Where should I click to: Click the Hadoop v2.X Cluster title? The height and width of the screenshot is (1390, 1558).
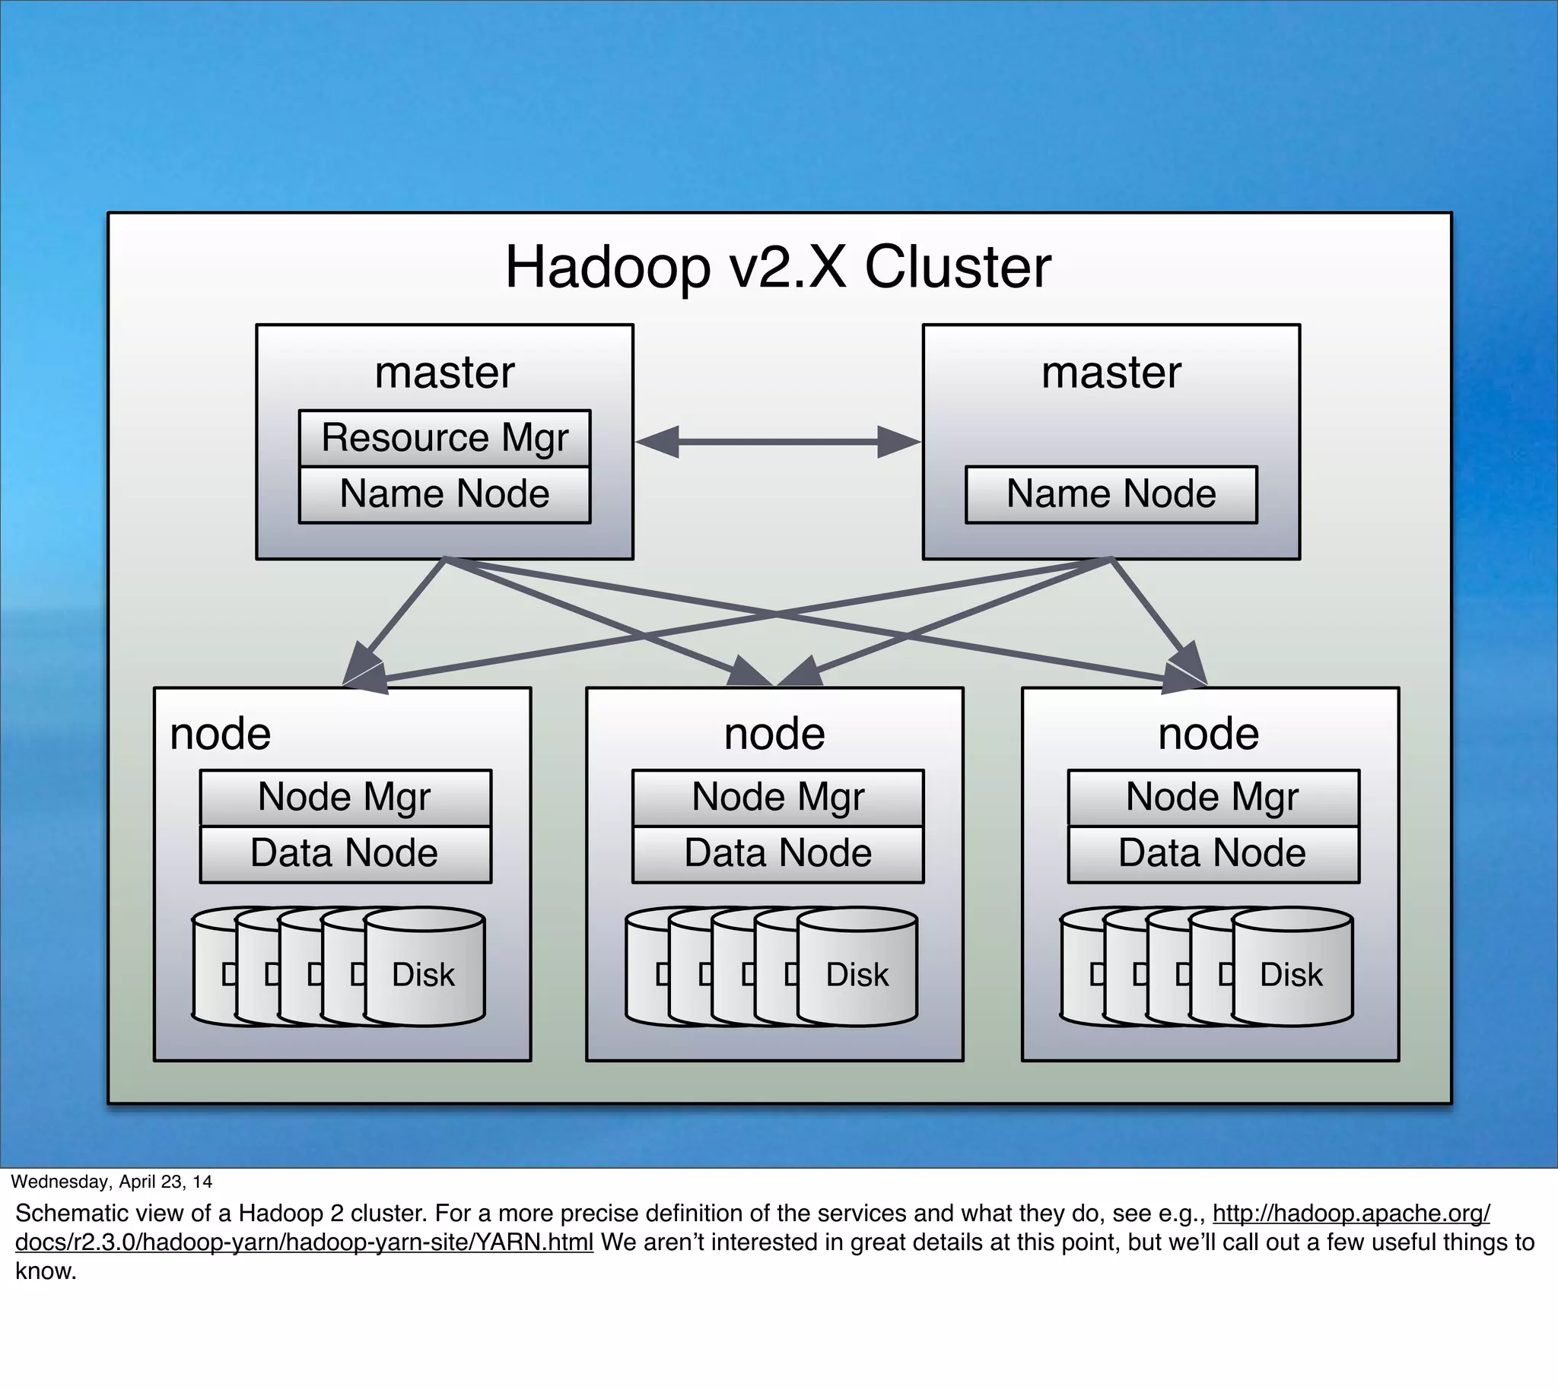(777, 268)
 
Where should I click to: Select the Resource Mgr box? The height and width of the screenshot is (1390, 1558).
(445, 439)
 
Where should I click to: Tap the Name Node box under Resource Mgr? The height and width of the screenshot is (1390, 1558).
(445, 494)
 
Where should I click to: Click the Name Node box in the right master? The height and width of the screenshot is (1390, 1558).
(1111, 494)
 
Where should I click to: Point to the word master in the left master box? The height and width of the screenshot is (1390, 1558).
(445, 373)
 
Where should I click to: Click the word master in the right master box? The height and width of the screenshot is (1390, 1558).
(1111, 373)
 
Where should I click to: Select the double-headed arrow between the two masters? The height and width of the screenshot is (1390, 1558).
(777, 442)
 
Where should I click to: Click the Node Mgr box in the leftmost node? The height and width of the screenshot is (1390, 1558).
(345, 798)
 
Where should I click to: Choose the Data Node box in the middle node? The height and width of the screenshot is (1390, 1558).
(777, 854)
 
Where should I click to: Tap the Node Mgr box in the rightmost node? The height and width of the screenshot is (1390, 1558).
(1213, 798)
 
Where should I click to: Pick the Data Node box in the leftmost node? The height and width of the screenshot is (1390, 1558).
(345, 854)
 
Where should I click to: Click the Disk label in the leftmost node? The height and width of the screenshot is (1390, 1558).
(423, 976)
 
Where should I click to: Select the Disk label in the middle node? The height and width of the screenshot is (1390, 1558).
(857, 976)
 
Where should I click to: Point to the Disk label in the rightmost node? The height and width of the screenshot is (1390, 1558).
(1291, 976)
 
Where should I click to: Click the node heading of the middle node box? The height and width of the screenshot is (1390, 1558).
(774, 735)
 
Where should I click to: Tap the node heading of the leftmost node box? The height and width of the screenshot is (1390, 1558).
(221, 735)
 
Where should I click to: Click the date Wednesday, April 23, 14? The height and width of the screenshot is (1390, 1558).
(112, 1182)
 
